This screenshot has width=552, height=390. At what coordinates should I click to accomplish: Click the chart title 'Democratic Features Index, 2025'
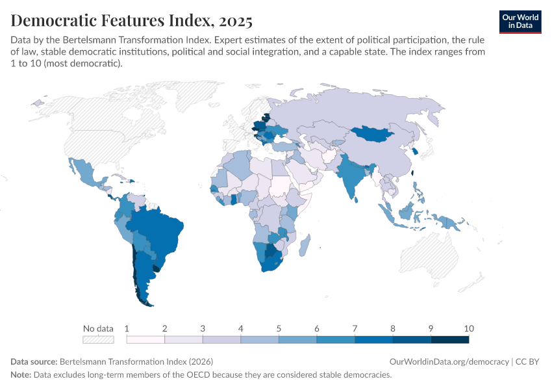tap(132, 21)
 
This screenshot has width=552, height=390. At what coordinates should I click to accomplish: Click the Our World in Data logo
tap(520, 21)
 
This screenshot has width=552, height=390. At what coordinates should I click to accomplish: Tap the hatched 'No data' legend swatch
tap(98, 339)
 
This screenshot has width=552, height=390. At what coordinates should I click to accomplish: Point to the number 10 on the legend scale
tap(469, 328)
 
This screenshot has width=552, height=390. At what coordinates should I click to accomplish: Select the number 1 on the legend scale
tap(127, 328)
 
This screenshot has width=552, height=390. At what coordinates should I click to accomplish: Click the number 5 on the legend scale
tap(279, 328)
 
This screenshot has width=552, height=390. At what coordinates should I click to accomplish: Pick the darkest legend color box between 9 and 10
tap(449, 339)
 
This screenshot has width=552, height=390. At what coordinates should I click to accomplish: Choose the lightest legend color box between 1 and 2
tap(145, 339)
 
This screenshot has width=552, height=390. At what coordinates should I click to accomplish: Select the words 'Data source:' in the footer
tap(34, 361)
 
